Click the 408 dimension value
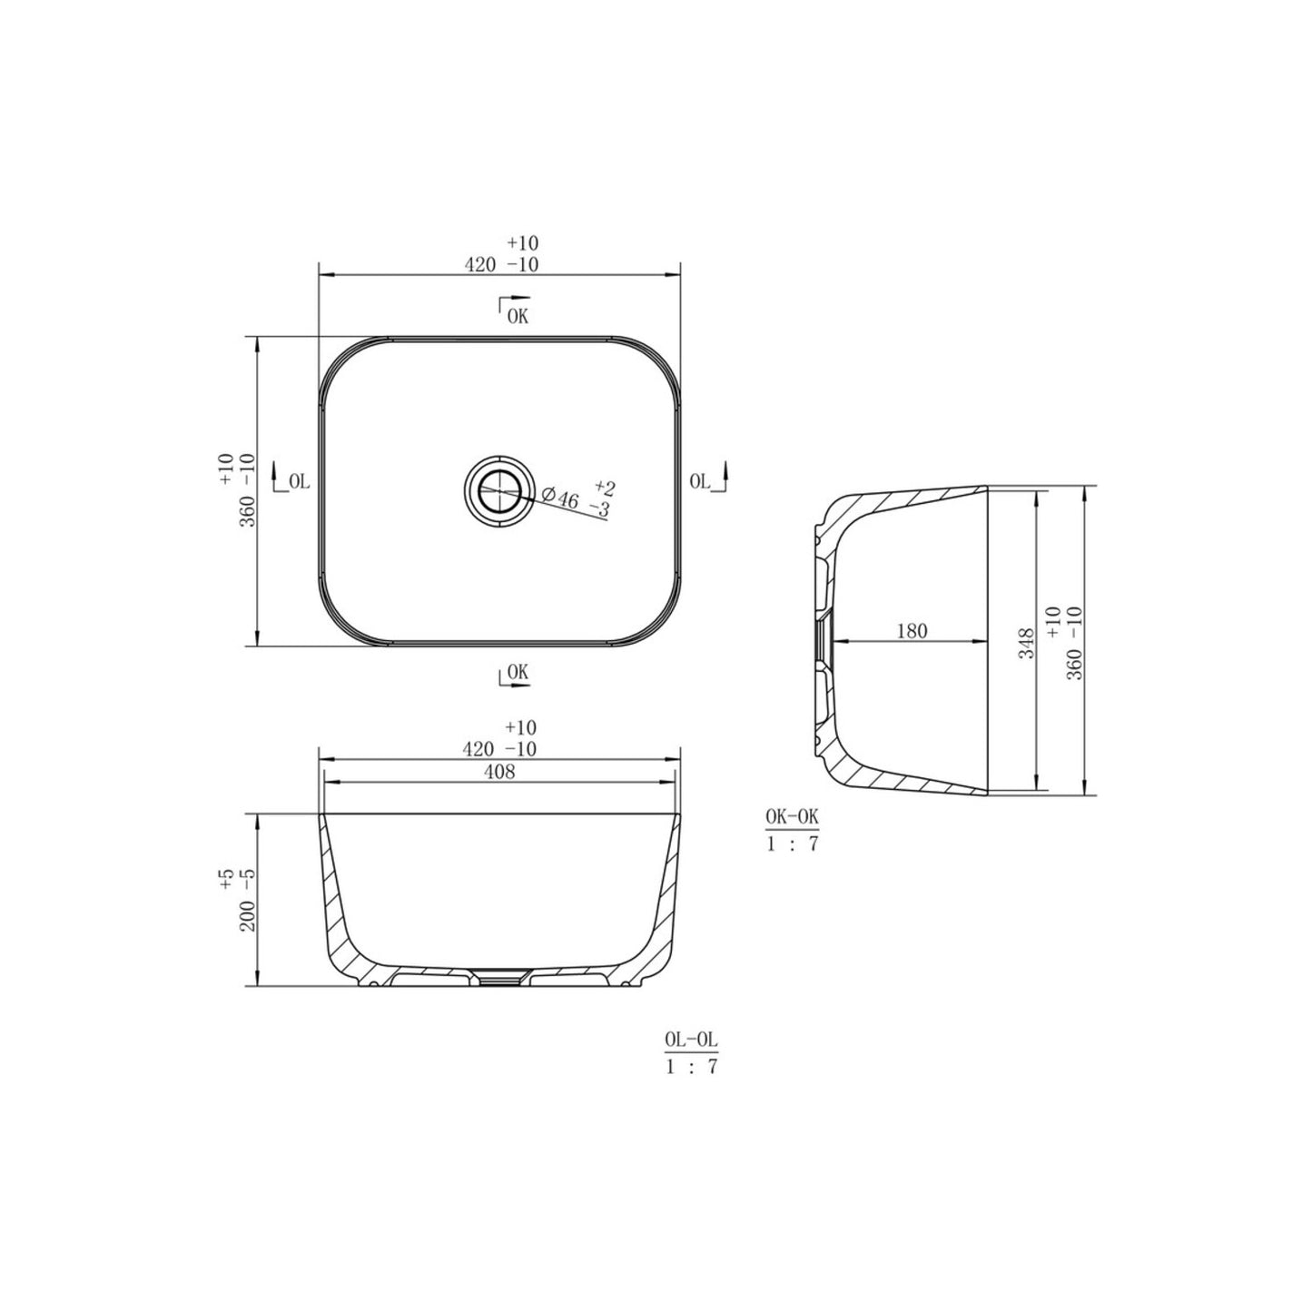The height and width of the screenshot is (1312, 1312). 500,772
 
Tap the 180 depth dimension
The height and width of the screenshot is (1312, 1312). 912,631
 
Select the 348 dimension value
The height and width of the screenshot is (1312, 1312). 1026,643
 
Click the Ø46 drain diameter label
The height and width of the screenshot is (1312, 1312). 560,498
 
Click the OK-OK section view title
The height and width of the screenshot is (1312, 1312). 793,818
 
